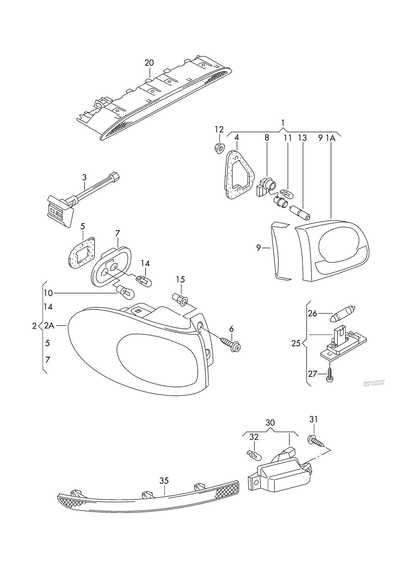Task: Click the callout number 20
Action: [149, 63]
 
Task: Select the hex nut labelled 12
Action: [220, 148]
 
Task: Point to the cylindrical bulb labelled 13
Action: [300, 212]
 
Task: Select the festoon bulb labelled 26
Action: [342, 314]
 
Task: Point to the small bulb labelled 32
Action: [254, 455]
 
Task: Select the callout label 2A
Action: [49, 326]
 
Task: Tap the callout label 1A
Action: [331, 138]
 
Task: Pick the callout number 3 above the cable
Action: [84, 177]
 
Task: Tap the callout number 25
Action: [296, 344]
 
